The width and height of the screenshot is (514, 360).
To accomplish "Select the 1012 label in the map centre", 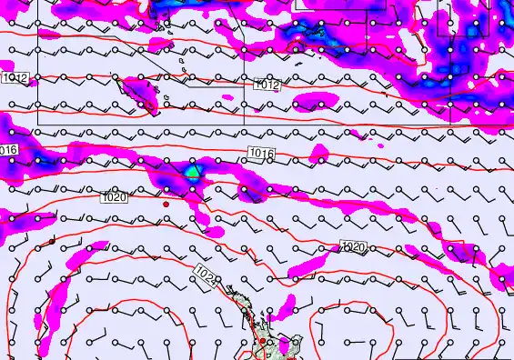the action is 267,85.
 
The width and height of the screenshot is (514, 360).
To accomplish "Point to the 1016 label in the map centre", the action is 259,153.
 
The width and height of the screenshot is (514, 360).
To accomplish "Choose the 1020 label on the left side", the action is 115,197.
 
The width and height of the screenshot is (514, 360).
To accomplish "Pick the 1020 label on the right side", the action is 353,247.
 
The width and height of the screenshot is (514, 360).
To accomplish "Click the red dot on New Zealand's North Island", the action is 262,342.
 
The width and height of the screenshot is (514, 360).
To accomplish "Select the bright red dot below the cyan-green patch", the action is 166,205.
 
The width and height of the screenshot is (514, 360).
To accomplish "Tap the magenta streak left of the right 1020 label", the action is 309,264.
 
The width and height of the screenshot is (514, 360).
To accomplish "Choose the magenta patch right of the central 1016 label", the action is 319,150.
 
